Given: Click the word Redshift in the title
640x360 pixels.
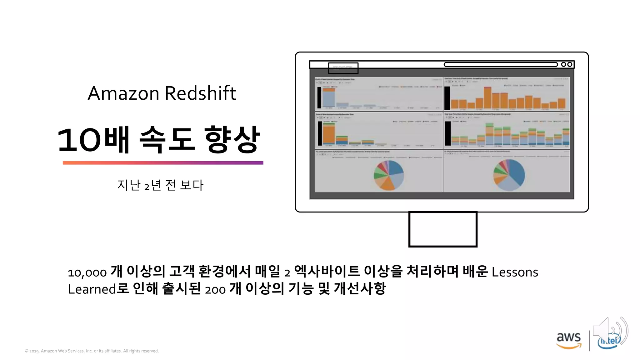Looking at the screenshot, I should pos(200,93).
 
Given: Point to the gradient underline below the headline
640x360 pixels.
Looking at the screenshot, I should pos(163,163).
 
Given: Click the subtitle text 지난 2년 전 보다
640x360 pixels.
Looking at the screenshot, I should pos(160,185).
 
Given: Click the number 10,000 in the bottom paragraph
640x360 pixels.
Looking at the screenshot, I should pos(87,273).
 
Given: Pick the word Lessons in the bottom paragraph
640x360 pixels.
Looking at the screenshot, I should pos(515,272).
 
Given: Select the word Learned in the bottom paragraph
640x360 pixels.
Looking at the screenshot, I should pos(92,289).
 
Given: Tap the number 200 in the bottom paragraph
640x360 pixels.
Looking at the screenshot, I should pos(215,290).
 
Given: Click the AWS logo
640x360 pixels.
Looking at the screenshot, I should pos(568,340).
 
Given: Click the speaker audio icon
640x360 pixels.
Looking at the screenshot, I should pos(609,331).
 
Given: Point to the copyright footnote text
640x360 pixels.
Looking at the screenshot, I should pos(92,351).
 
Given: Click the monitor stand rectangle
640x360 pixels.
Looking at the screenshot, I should pos(442,229).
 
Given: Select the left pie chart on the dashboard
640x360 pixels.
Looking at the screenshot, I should pos(389,175).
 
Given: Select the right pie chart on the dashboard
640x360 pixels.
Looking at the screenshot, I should pos(509,175).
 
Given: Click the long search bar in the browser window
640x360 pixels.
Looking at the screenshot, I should pos(500,64).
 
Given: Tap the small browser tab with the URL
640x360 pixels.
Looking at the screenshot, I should pos(343,68).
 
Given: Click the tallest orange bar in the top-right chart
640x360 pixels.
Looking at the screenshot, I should pos(487,98).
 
